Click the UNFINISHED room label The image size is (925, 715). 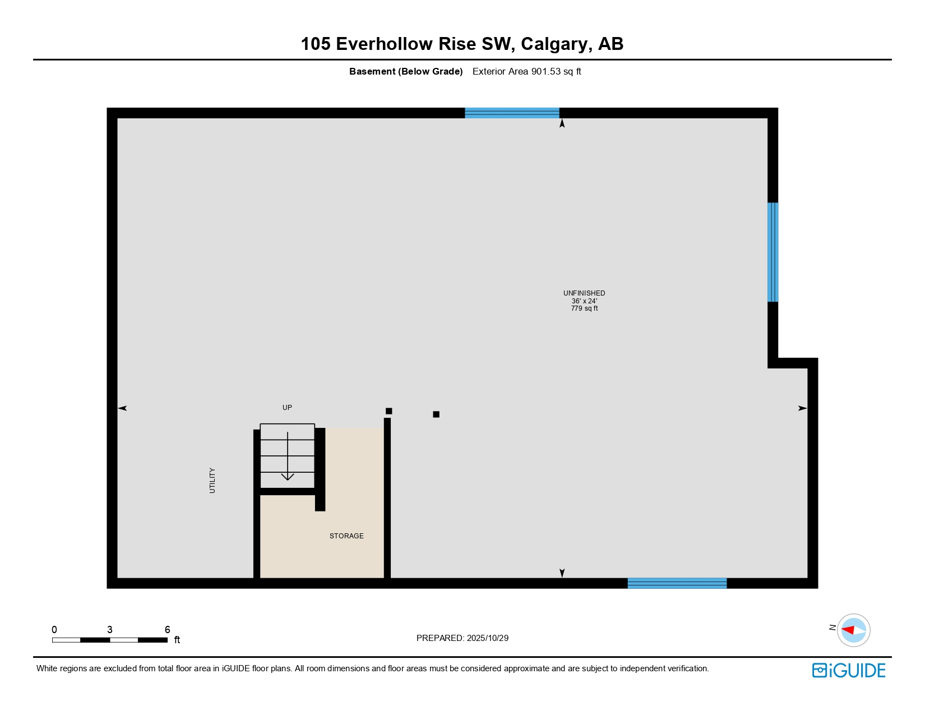584,293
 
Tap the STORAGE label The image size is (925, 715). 346,536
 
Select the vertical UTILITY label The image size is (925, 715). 212,481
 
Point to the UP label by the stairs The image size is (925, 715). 287,408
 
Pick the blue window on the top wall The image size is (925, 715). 512,113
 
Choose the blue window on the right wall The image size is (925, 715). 773,252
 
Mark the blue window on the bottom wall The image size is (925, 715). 677,583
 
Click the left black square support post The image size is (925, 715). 389,411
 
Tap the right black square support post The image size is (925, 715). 436,414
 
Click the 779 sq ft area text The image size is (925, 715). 584,308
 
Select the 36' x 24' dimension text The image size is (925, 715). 584,301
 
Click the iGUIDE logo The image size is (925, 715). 849,671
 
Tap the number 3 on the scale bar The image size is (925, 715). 110,630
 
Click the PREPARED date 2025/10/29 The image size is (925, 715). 487,638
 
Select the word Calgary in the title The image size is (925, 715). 554,44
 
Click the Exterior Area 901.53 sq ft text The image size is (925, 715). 526,71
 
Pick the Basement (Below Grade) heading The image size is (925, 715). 406,71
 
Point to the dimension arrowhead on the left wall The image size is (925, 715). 123,408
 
